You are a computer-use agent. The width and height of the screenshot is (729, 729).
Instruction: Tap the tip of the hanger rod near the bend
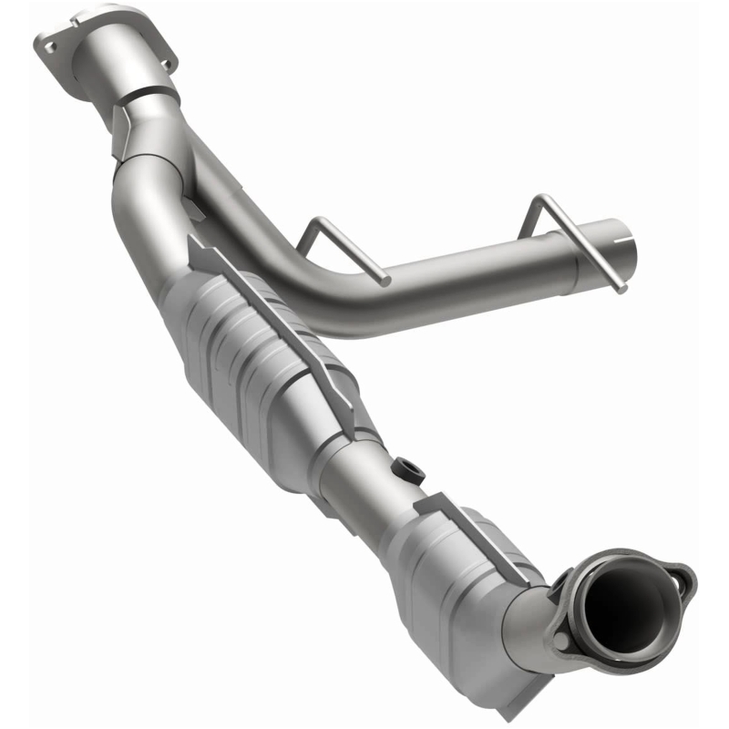tap(386, 279)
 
